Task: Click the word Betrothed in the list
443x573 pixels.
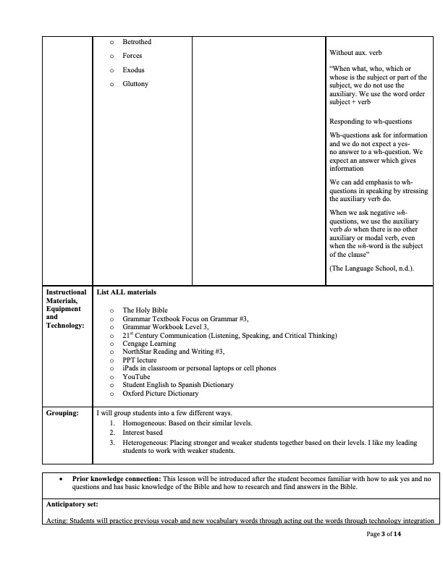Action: click(137, 42)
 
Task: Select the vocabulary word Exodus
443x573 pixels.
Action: click(133, 70)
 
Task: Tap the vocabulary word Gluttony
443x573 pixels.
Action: click(135, 84)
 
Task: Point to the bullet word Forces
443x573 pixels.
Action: click(132, 56)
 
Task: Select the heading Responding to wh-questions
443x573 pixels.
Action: click(371, 122)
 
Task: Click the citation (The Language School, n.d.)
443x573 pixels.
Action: click(372, 268)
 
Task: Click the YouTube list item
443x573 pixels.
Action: click(136, 377)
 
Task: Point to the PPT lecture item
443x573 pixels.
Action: click(139, 360)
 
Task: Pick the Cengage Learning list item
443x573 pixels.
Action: click(148, 344)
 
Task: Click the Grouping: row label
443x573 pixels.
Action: click(63, 413)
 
